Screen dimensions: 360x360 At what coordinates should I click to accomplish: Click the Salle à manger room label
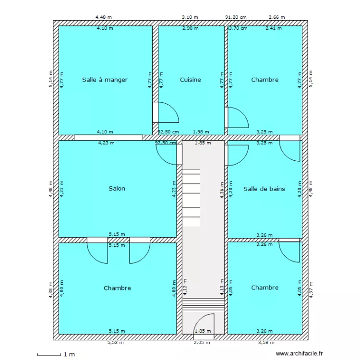[105, 80]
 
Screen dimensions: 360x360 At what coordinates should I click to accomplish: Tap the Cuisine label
[191, 80]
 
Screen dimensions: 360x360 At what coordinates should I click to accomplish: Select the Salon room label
[117, 189]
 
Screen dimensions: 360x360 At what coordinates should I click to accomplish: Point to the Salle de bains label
[264, 189]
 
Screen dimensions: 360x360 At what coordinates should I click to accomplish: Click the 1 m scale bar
[49, 355]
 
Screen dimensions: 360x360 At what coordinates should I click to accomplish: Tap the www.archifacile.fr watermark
[299, 354]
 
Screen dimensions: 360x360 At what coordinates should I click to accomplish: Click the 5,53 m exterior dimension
[116, 343]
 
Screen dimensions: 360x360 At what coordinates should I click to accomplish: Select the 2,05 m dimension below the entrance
[202, 343]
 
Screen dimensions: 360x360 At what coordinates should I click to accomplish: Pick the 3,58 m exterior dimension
[266, 343]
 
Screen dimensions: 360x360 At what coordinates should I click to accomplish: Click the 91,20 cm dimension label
[236, 17]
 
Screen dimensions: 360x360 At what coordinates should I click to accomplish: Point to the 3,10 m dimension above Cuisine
[190, 17]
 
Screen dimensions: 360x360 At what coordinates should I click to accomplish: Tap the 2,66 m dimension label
[276, 17]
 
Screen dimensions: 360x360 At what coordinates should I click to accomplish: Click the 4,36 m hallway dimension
[222, 190]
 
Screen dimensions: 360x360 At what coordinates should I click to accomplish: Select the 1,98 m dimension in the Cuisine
[201, 132]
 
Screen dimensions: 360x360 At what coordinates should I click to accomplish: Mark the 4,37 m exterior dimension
[311, 290]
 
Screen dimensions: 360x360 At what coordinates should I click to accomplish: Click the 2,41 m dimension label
[274, 28]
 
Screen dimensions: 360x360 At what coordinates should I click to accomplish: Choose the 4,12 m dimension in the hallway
[185, 287]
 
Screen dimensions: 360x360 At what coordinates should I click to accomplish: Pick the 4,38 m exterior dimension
[51, 290]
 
